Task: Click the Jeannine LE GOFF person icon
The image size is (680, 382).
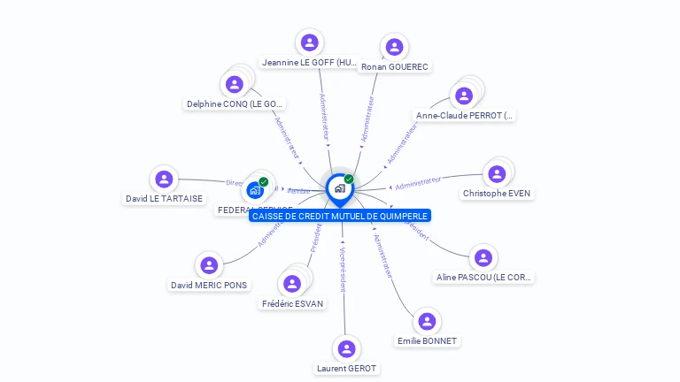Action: point(309,42)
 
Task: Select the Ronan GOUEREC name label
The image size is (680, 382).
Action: point(395,67)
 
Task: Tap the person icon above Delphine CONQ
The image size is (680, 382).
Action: point(235,84)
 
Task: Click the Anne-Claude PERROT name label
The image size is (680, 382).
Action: point(465,116)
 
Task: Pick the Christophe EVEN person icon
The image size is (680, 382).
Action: point(497,174)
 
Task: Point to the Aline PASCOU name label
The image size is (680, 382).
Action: point(484,278)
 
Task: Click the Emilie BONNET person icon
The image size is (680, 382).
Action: point(427,322)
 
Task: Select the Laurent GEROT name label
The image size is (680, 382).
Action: point(346,369)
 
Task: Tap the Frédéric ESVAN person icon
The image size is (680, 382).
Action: point(292,284)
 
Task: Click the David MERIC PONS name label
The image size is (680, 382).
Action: point(209,286)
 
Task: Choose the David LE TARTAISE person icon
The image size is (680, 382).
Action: point(164,180)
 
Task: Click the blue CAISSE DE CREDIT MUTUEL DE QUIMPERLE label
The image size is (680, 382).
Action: point(340,216)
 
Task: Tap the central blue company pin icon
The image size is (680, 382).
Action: point(339,188)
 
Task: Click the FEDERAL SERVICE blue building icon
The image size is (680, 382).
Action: point(255,189)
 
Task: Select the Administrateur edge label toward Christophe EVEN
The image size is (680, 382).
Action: point(418,183)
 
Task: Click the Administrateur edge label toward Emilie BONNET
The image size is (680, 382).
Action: point(382,256)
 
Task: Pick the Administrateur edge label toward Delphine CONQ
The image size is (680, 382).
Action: point(288,139)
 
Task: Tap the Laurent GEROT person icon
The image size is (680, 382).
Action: point(346,348)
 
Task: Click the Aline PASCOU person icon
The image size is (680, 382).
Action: point(483,257)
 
